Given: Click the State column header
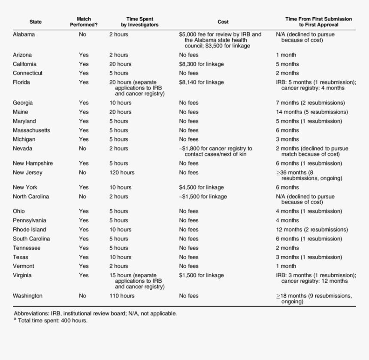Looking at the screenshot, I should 36,22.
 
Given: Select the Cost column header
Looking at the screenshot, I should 223,22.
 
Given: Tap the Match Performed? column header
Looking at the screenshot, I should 84,22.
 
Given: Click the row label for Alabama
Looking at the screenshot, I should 24,34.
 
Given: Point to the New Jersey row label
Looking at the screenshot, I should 27,173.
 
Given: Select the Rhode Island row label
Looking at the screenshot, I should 29,230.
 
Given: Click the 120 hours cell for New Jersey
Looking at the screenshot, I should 121,173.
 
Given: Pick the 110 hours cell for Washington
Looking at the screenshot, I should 121,296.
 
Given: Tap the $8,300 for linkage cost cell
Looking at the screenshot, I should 201,64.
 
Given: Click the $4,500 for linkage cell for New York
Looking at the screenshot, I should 201,187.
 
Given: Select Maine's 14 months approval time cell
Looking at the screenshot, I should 312,112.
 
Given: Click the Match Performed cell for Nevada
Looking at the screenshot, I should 82,149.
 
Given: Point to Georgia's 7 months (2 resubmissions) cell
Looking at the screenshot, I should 310,103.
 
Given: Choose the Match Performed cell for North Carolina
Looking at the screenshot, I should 82,197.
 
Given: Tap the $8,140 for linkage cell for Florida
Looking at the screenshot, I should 201,82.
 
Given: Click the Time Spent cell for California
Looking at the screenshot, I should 120,64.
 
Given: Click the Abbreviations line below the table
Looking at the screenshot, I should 95,314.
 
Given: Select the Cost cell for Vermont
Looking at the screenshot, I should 189,266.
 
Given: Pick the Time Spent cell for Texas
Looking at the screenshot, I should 120,257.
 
